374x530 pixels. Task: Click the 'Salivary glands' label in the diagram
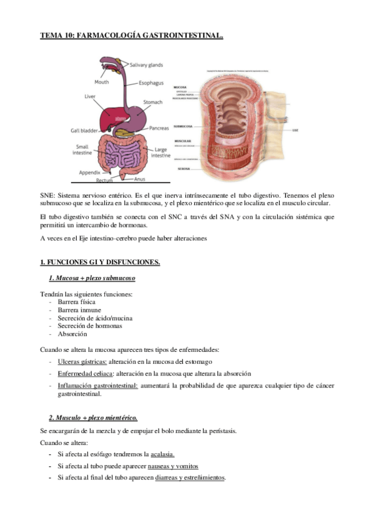point(147,64)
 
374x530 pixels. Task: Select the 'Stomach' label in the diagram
point(153,102)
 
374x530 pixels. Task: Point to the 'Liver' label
point(89,96)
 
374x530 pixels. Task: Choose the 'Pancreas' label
point(159,128)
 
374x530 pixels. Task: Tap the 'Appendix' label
point(89,172)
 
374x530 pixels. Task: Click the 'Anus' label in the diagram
point(140,179)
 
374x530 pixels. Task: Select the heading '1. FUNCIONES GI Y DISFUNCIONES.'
point(100,262)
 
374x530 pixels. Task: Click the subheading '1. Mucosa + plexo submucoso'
point(92,278)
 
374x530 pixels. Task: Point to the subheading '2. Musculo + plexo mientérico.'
point(93,417)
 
